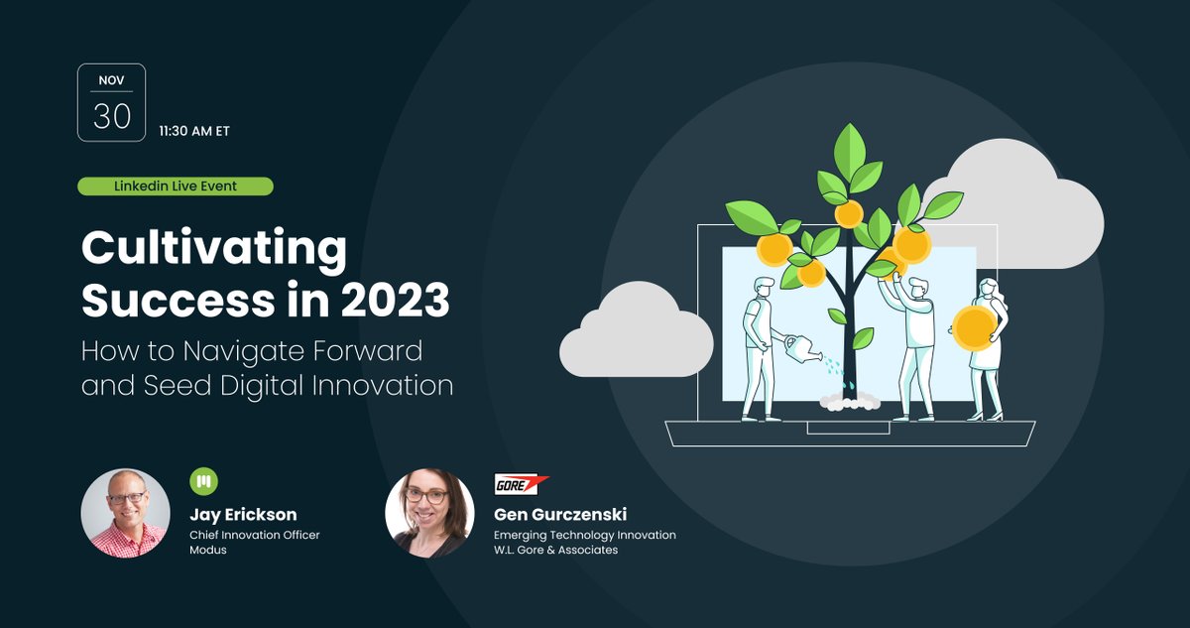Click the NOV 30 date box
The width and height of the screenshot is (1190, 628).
coord(111,103)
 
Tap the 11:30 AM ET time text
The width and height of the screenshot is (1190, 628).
coord(194,131)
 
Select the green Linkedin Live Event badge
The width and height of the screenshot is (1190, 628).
coord(175,187)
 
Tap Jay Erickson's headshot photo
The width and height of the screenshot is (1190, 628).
coord(125,513)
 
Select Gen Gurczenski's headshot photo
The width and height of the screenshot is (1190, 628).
coord(429,513)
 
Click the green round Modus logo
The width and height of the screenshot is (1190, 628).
coord(203,482)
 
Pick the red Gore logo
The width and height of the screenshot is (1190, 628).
coord(522,484)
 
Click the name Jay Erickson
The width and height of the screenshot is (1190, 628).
coord(243,515)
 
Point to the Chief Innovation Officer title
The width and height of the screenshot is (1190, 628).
coord(255,535)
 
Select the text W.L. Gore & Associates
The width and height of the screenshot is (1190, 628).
coord(555,550)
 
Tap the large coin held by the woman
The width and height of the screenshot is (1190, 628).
coord(974,325)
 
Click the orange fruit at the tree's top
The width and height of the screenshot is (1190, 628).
coord(849,213)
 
